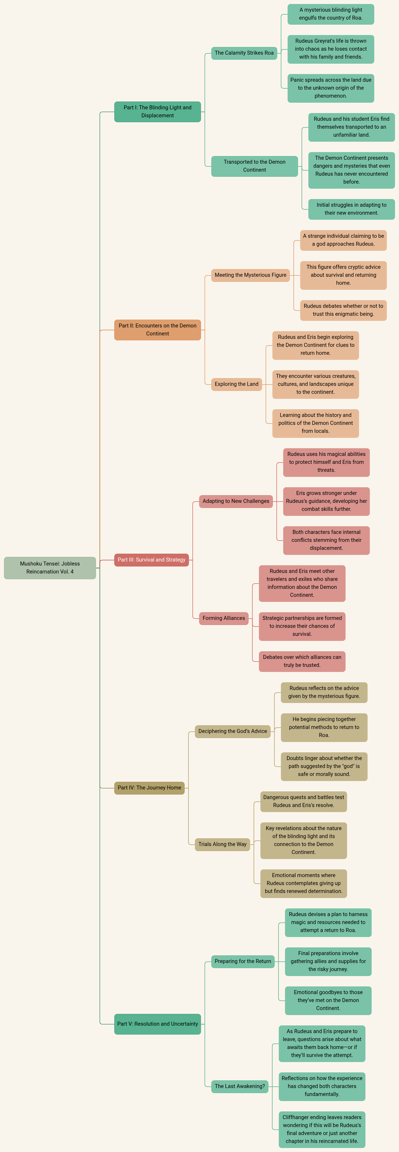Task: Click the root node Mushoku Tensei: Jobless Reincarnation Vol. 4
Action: (x=50, y=567)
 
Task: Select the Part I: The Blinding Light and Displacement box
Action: (x=157, y=111)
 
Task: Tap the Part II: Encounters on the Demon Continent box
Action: (x=157, y=330)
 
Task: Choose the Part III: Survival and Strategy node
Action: (x=151, y=559)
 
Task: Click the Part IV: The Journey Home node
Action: (x=149, y=788)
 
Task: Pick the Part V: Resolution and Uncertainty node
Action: (x=157, y=1024)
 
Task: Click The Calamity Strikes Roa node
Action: (x=244, y=53)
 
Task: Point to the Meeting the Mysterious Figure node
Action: (x=250, y=275)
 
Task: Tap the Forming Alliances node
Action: (x=224, y=618)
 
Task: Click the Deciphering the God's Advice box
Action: (x=232, y=731)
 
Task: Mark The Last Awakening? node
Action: (x=240, y=1086)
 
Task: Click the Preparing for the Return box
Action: (x=243, y=961)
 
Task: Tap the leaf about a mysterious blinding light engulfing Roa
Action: (x=330, y=14)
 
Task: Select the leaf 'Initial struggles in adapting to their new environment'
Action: (x=351, y=209)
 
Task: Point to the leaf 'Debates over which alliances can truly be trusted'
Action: (x=302, y=661)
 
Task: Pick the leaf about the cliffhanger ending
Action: (x=322, y=1129)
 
